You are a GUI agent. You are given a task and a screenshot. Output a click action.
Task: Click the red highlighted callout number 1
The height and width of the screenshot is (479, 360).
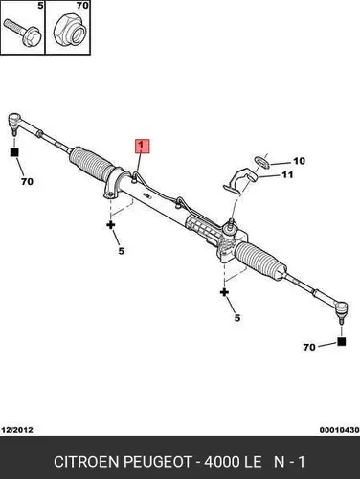point(143,146)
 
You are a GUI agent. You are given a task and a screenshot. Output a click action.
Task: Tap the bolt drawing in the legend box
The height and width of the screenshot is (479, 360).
point(22,32)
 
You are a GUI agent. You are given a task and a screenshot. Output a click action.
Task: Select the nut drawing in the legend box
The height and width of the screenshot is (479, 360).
point(70,30)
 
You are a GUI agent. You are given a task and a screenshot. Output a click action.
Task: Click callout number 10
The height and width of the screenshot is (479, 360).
point(299,161)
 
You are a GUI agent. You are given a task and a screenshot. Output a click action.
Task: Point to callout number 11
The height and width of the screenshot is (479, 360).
point(287,174)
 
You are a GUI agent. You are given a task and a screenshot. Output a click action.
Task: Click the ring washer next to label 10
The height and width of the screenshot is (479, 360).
point(261,162)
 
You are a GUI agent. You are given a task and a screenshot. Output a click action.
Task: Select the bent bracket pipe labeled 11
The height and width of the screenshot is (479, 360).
point(240,181)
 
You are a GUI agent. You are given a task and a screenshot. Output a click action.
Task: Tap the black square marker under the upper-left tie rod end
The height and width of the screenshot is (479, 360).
point(14,152)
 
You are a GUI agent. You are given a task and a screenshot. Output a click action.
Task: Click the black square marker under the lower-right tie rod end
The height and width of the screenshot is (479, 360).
point(341,341)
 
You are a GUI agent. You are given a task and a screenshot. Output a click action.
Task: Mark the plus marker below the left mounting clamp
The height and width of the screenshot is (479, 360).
point(111,225)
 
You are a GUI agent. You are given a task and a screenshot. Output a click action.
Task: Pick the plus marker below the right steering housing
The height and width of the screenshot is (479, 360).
point(224,292)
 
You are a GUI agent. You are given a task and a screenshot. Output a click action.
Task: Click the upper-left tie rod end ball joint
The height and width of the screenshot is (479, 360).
point(14,122)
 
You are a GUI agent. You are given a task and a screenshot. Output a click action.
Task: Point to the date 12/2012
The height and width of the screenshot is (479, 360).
point(17,430)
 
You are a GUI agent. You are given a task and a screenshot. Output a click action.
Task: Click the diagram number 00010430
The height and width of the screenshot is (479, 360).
point(339,430)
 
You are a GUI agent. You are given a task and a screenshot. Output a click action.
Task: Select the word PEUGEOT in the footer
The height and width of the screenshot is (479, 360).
point(158,462)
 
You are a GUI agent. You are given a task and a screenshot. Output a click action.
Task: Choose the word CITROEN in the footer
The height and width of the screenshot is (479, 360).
point(86,462)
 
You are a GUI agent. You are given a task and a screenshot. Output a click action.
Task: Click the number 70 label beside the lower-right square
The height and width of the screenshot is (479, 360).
point(309,347)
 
